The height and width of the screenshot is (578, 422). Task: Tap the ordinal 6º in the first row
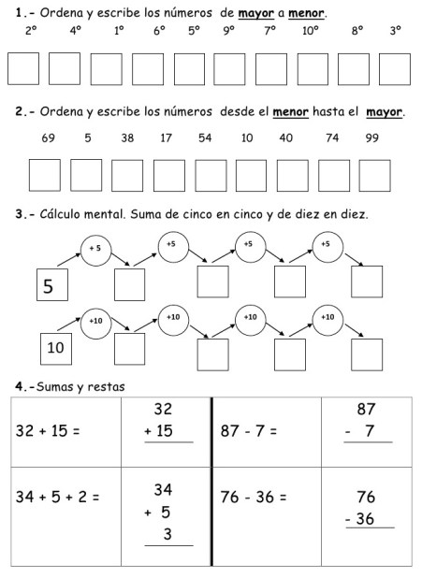160,31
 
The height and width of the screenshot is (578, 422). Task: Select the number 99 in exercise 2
372,138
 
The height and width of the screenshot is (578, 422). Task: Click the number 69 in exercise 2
49,138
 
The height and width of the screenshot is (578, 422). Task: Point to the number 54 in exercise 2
206,138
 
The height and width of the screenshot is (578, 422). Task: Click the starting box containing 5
52,286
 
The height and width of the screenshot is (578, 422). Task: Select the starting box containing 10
55,349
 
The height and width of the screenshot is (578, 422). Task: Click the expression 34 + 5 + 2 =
58,498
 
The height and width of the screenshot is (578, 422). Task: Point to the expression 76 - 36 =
253,498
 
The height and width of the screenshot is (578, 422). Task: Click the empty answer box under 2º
24,68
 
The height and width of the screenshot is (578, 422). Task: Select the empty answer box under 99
374,175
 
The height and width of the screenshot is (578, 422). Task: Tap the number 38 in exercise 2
127,138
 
